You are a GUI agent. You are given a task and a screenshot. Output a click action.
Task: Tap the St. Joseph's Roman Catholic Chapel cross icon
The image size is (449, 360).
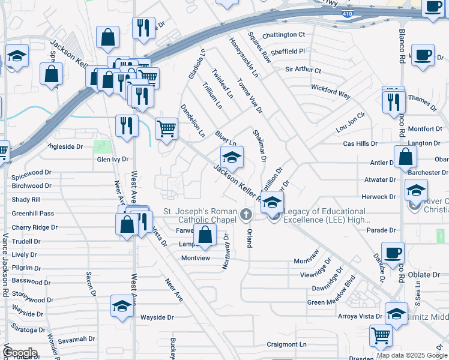tap(245, 214)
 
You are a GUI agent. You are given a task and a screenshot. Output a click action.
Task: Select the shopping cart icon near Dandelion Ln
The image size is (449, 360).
tap(167, 127)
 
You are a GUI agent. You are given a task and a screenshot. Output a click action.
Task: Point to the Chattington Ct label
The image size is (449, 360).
tap(284, 35)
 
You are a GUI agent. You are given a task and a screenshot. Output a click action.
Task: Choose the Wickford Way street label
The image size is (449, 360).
tap(331, 91)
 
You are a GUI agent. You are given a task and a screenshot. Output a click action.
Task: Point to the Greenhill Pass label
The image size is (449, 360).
tap(32, 213)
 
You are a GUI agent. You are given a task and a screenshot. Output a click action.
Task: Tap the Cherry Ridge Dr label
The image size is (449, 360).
tap(34, 227)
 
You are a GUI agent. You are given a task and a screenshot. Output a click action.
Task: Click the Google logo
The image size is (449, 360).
tap(20, 352)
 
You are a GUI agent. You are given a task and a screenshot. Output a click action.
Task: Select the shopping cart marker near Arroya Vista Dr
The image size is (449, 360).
tap(381, 336)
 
